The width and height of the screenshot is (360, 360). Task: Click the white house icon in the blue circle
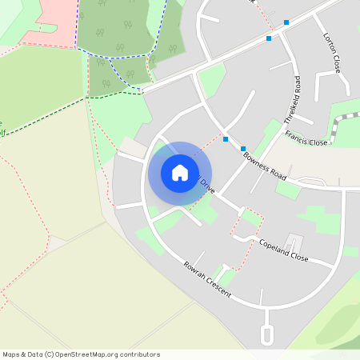180,173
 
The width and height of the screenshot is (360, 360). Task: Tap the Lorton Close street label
332,53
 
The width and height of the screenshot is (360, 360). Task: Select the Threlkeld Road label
294,99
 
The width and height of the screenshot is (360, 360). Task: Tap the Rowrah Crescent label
206,280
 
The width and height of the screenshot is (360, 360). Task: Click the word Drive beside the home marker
207,186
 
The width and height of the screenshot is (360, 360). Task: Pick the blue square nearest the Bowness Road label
243,149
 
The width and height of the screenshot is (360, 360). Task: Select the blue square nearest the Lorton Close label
286,22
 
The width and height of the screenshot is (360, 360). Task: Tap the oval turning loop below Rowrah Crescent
267,334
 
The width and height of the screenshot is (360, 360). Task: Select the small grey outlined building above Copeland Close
293,241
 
